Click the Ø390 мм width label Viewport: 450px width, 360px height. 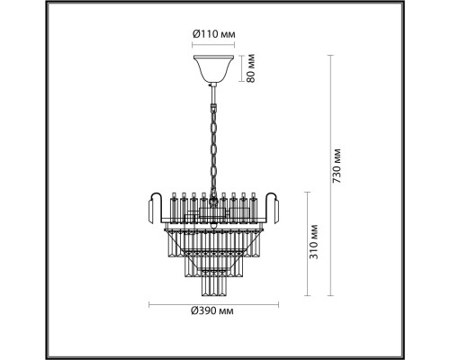click(x=212, y=311)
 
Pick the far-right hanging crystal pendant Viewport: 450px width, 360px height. click(x=275, y=211)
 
